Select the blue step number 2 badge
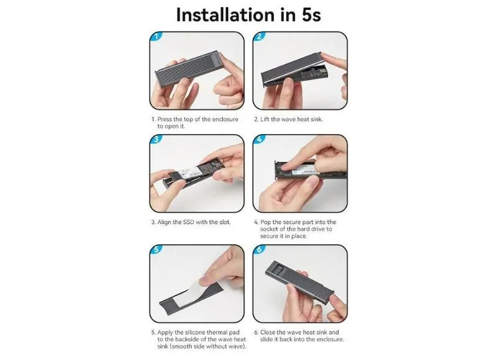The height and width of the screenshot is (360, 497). tap(259, 36)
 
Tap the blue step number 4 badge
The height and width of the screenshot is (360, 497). tap(259, 139)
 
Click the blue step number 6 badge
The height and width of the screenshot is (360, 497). tap(259, 249)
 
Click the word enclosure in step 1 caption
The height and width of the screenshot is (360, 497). tap(225, 119)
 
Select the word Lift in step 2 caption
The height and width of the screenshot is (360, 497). tap(265, 119)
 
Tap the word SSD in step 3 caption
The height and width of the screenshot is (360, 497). tap(189, 222)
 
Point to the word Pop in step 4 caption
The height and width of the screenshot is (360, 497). tap(266, 222)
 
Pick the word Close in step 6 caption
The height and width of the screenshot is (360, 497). tap(268, 333)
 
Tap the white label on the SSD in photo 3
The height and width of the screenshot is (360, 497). tap(189, 173)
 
